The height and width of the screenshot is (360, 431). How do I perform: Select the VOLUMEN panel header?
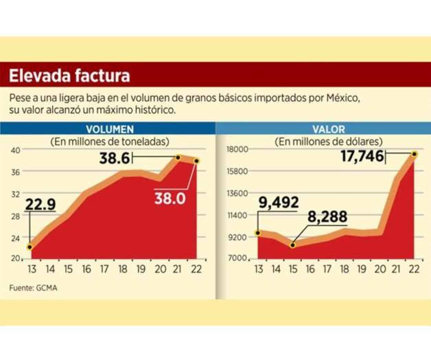coord(109,128)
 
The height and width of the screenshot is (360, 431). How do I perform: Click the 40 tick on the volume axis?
coord(16,150)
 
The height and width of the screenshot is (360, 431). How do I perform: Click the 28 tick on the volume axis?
coord(16,215)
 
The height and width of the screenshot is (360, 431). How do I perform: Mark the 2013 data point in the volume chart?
coord(30,247)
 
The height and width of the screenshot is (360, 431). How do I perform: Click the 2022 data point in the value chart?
coord(415,154)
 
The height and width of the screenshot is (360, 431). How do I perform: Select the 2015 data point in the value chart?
coord(294,245)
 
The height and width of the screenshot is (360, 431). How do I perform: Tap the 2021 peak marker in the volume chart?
coord(178,157)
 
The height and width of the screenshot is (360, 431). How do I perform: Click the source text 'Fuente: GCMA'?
coord(32,286)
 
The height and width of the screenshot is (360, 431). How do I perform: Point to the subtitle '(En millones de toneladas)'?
coord(100,140)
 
